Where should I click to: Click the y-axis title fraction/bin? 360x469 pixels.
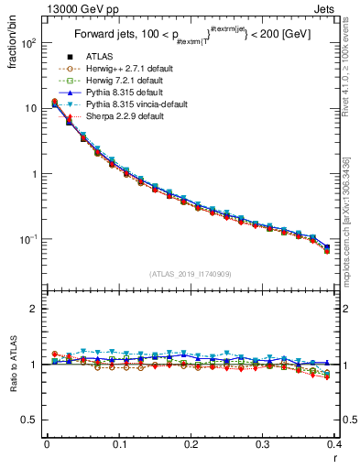point(13,42)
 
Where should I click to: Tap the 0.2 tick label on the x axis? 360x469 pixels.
point(191,444)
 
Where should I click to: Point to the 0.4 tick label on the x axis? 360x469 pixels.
point(334,444)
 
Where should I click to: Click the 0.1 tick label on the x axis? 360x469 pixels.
point(118,444)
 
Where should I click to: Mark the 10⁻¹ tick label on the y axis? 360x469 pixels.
point(28,240)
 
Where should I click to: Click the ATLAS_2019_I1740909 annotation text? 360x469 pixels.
point(191,274)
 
